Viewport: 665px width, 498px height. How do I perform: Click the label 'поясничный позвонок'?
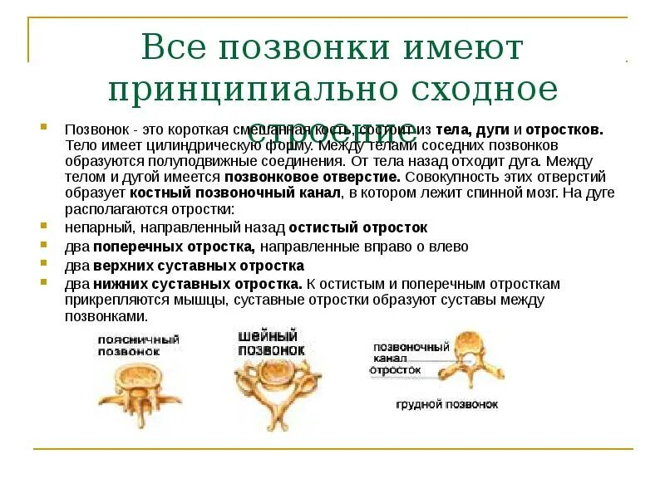(138, 345)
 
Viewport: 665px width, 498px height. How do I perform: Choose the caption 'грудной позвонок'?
(447, 404)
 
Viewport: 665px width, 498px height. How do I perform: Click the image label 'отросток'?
(396, 369)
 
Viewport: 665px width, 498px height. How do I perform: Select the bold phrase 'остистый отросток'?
(357, 227)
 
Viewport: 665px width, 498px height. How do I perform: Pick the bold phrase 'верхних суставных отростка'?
(198, 266)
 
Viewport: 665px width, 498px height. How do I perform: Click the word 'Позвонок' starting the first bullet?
(91, 130)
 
